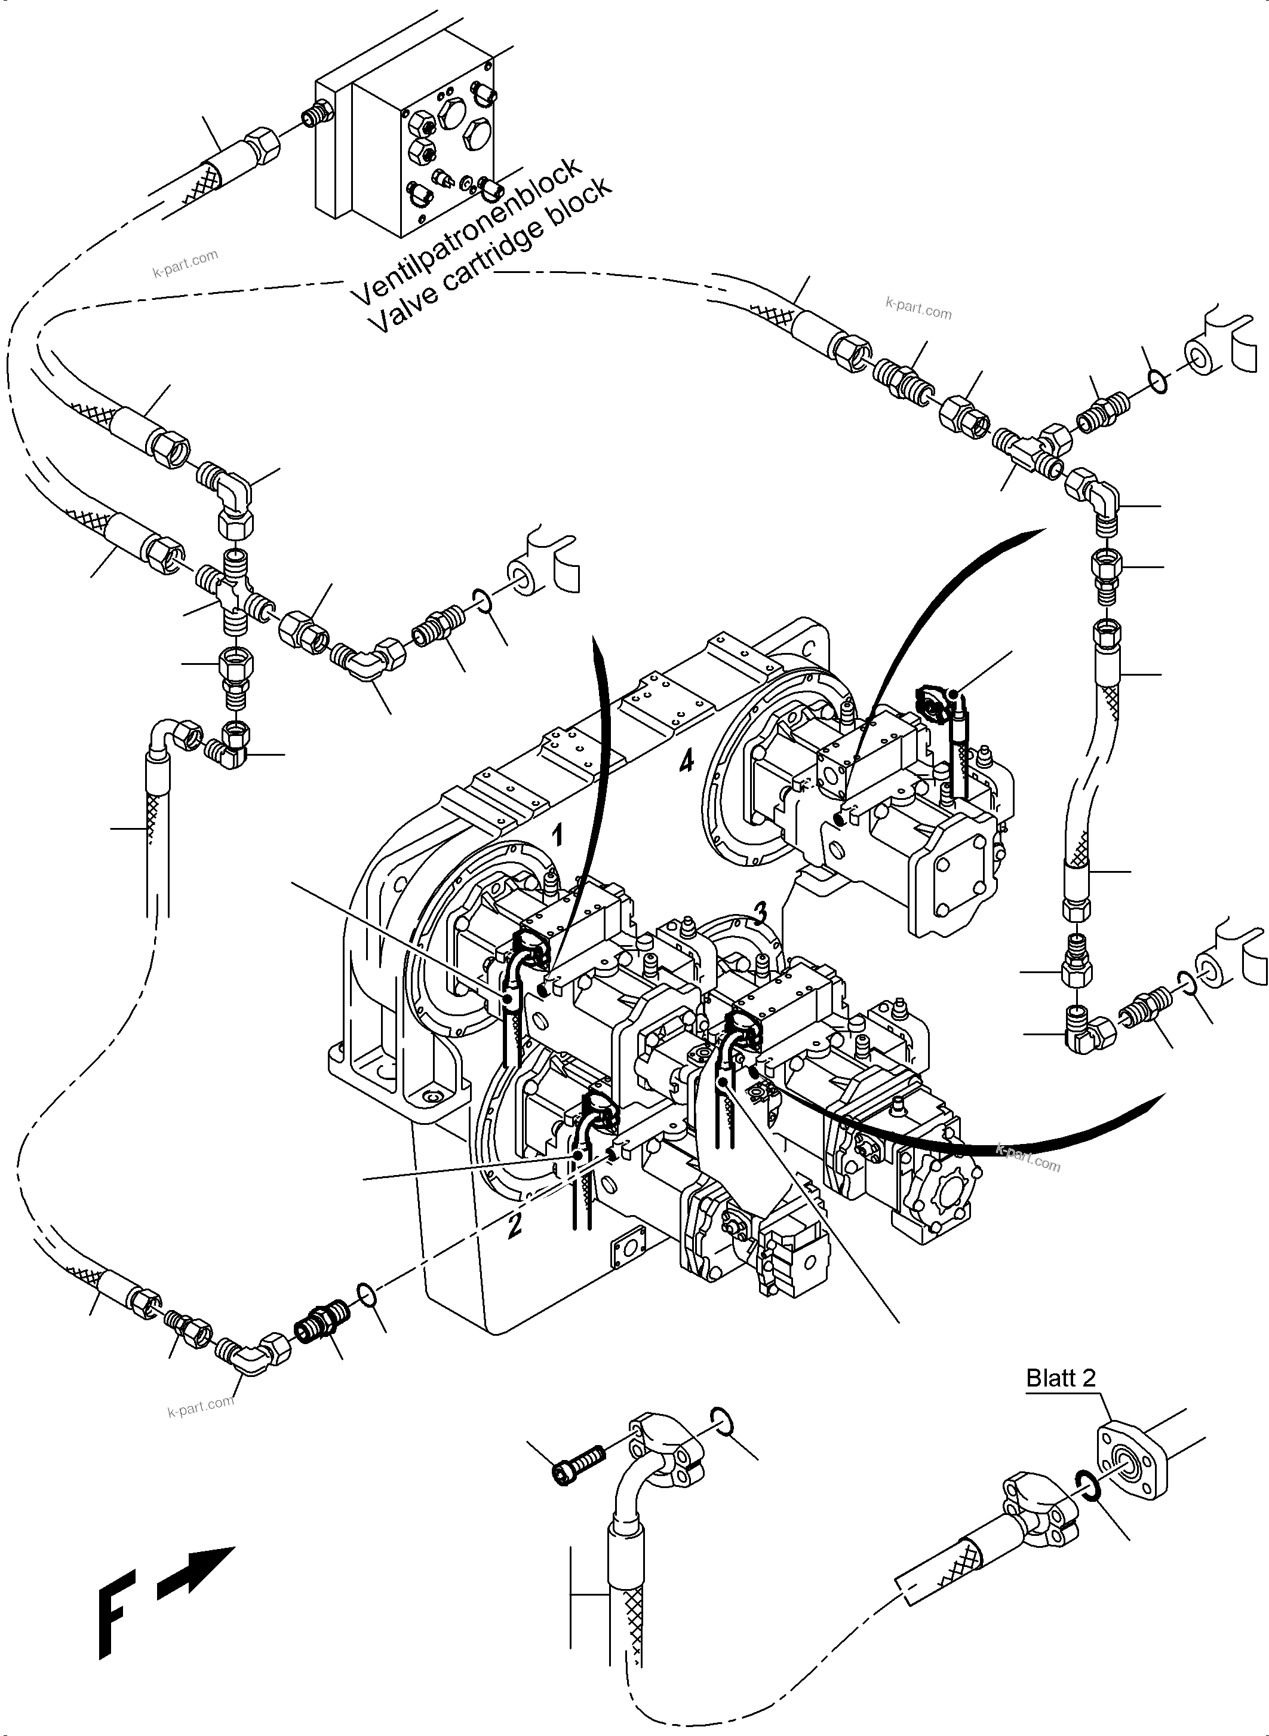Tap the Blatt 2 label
tap(1061, 1378)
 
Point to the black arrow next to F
tap(196, 1575)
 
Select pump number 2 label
tap(515, 1224)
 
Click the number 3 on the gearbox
tap(760, 912)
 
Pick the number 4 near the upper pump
tap(686, 761)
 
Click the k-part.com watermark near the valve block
tap(185, 263)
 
